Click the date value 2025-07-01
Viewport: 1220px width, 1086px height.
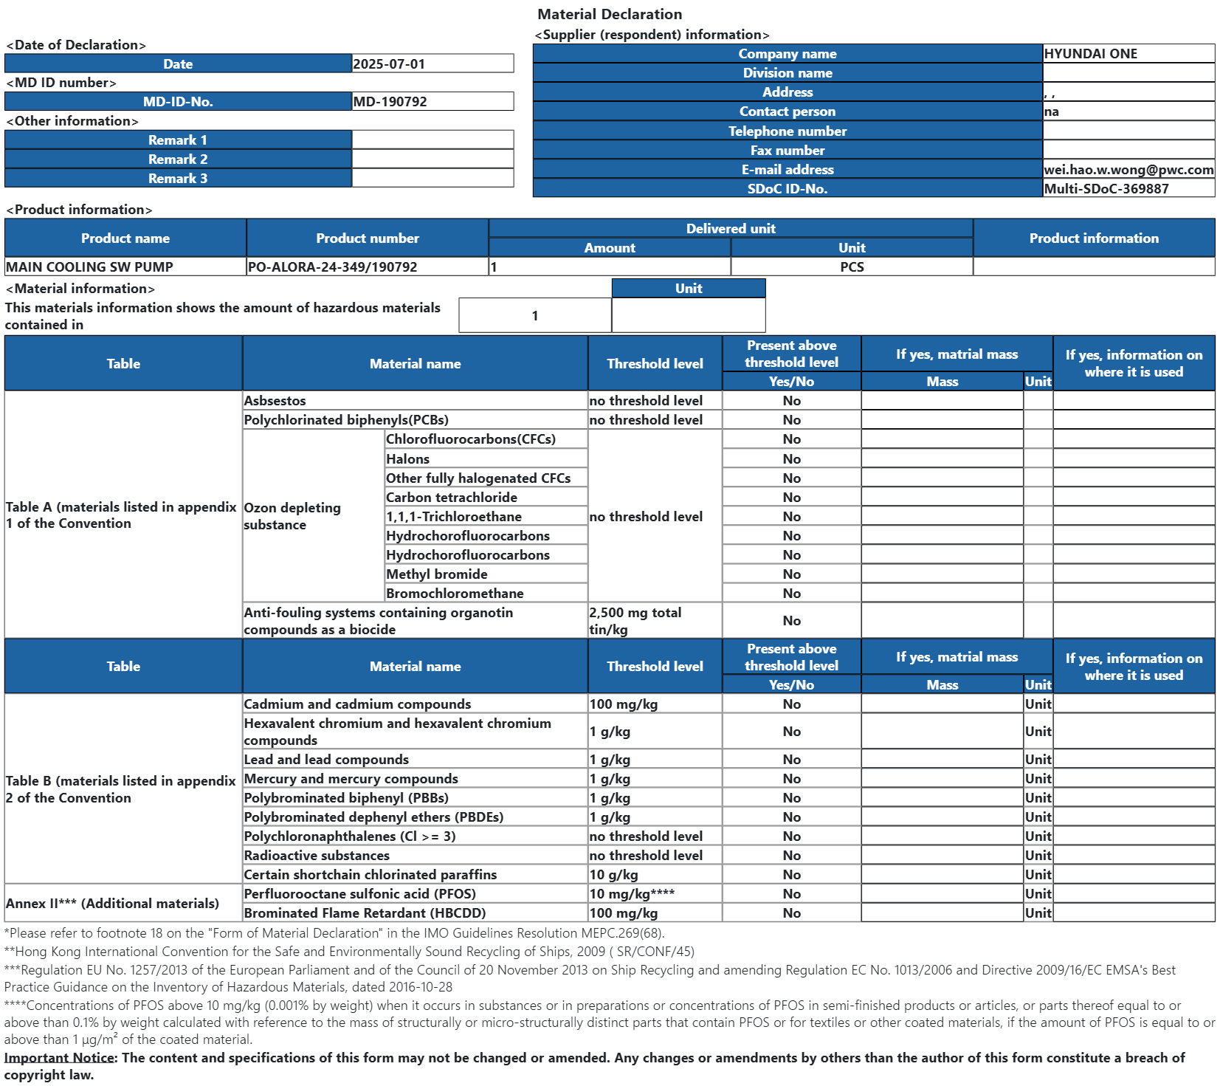point(389,63)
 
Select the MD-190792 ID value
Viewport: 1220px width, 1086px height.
point(390,102)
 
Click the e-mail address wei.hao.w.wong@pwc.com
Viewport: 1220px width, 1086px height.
point(1128,169)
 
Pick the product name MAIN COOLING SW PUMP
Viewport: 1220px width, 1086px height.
point(89,267)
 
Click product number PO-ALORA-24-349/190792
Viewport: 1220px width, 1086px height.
point(332,267)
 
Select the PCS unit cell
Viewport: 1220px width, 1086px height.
point(852,267)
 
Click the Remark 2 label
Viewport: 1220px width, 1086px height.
point(178,159)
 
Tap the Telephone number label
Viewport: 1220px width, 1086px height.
point(788,131)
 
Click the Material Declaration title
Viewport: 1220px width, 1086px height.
point(610,14)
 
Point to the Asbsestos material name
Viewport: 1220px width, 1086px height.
point(275,400)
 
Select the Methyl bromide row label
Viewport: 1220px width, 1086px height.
point(436,574)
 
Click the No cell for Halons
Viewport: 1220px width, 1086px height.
point(791,458)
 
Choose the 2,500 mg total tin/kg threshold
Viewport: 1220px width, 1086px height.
point(635,620)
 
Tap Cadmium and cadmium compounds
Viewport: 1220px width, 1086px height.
point(357,704)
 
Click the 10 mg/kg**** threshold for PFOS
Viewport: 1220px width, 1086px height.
point(632,893)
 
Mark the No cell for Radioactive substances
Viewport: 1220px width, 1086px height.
point(791,855)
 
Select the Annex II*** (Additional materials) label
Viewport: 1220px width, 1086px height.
point(112,903)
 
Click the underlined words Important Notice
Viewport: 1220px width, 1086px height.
point(60,1057)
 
